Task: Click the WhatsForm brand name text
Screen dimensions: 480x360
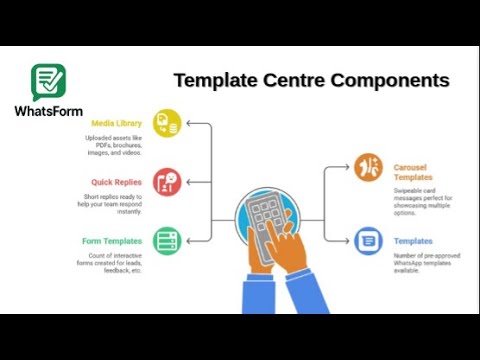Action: pyautogui.click(x=49, y=110)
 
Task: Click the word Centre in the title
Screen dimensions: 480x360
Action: pyautogui.click(x=296, y=80)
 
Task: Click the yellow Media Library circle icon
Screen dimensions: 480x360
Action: pyautogui.click(x=167, y=124)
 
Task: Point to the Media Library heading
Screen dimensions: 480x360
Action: pyautogui.click(x=116, y=124)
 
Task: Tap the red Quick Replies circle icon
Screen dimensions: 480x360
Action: pyautogui.click(x=167, y=182)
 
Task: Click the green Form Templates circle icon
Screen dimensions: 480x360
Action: pyautogui.click(x=167, y=240)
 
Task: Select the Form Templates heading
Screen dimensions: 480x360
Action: pyautogui.click(x=112, y=240)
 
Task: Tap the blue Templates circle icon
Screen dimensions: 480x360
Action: pyautogui.click(x=368, y=240)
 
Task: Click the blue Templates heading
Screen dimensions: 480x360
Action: pyautogui.click(x=413, y=241)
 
